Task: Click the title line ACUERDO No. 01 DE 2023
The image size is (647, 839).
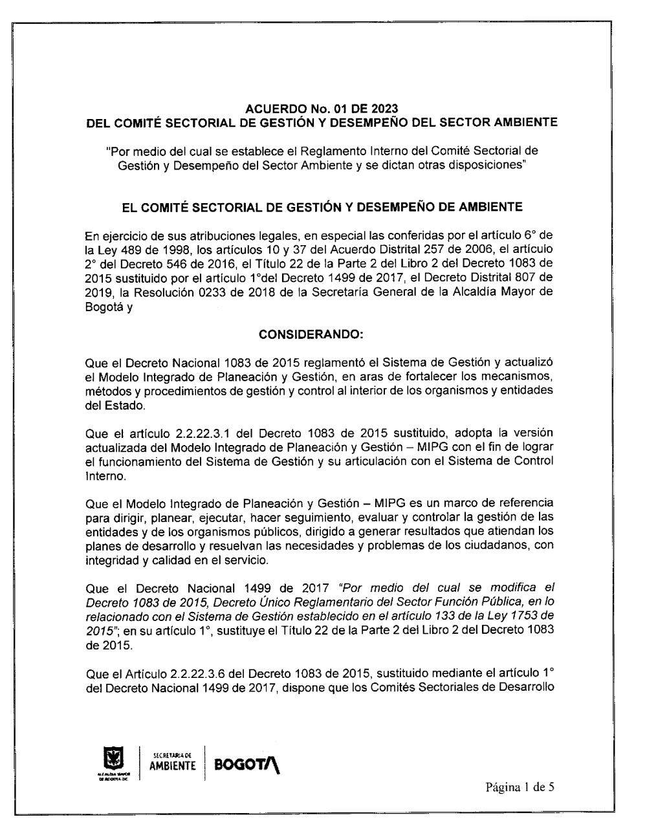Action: [x=322, y=108]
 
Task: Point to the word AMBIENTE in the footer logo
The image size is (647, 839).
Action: [x=172, y=766]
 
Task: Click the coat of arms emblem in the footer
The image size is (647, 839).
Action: [x=113, y=756]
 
